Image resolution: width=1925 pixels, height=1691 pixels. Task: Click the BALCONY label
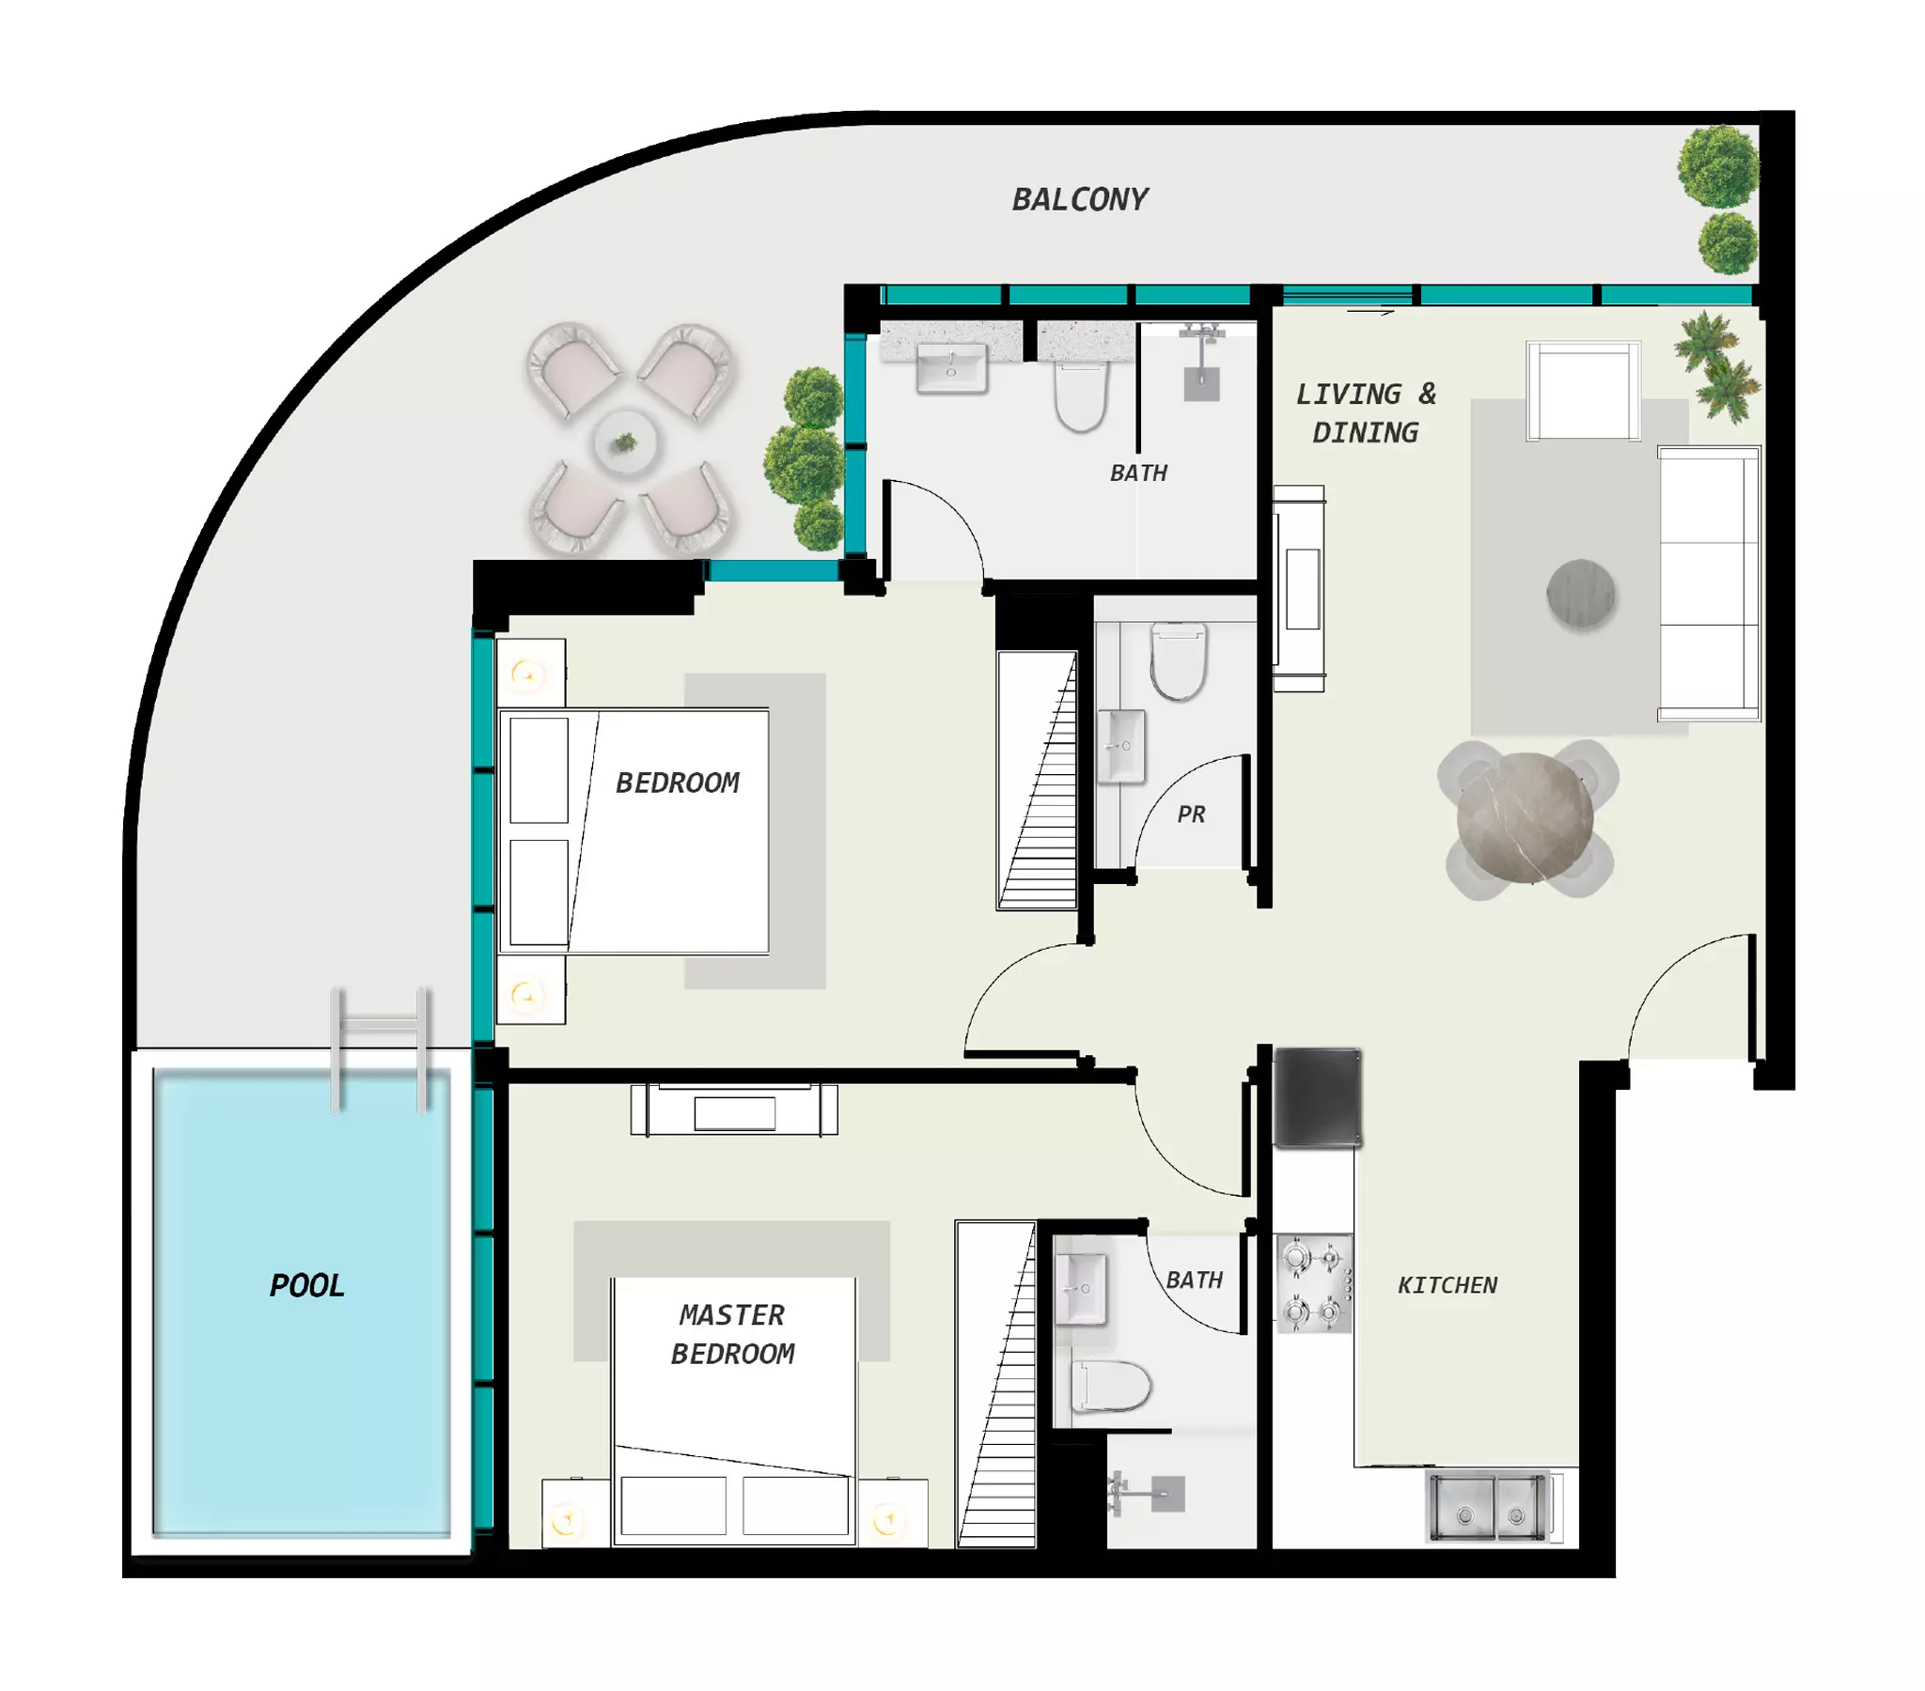1079,199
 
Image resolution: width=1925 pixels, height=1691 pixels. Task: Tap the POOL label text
307,1285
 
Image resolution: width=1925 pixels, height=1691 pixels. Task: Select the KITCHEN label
1448,1285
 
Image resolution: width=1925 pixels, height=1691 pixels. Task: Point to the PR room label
1191,814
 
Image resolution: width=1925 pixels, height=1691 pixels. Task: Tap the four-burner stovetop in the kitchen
1315,1283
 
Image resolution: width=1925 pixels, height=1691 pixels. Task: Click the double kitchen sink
1489,1508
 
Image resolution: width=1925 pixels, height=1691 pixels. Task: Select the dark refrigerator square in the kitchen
1318,1098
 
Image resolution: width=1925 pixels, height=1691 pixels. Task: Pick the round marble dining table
1525,818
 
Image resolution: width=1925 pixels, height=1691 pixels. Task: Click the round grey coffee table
1581,594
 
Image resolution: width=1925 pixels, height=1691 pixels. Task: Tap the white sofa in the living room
1709,583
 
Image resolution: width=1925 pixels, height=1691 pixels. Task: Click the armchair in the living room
1583,392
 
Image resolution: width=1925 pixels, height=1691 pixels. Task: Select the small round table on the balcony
625,442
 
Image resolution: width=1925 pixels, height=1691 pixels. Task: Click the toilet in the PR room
1178,661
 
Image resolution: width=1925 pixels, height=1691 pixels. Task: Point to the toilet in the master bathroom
1111,1387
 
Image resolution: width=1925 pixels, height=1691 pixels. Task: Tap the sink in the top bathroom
951,366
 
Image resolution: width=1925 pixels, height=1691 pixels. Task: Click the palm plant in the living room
1716,367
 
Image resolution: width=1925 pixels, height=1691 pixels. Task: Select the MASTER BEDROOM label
733,1334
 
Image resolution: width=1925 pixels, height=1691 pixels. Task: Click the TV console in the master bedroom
734,1110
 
